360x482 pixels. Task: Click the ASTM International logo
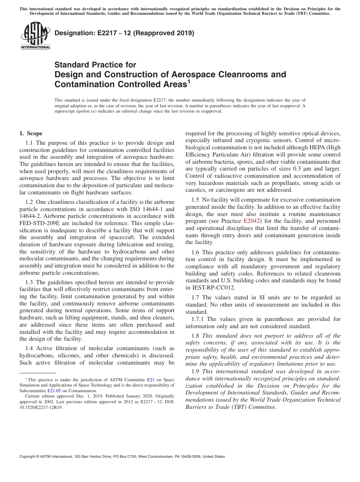coord(35,36)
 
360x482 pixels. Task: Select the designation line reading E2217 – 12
coord(124,33)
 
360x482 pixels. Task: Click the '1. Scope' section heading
coord(31,133)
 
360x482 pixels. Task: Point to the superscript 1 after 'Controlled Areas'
coord(189,81)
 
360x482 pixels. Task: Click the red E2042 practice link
coord(251,220)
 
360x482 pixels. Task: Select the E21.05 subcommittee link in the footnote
coord(54,390)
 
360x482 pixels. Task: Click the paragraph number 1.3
coord(30,282)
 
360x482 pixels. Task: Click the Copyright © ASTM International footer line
coord(122,457)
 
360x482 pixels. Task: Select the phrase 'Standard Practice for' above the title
coord(95,65)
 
